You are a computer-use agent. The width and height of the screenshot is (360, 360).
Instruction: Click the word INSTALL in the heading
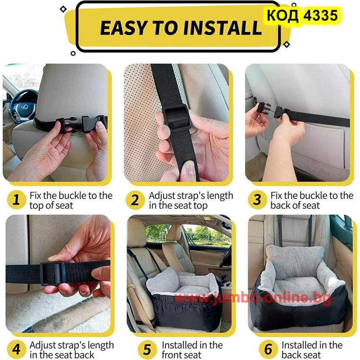point(222,28)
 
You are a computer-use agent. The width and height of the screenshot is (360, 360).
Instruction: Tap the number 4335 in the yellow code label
point(320,15)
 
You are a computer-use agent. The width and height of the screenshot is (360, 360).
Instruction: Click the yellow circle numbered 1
point(16,200)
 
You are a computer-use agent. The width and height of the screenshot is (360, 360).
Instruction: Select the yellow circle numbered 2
point(135,200)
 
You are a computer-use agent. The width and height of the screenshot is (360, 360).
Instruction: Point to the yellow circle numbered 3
point(257,200)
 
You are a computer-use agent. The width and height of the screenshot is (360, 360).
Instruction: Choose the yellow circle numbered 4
point(16,349)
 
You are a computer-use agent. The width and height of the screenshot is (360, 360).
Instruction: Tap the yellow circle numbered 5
point(148,349)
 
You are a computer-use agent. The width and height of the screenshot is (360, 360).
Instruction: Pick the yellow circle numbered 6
point(268,349)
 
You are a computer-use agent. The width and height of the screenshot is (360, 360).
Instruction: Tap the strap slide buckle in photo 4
point(53,274)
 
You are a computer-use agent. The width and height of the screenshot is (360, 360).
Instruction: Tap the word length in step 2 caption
point(216,196)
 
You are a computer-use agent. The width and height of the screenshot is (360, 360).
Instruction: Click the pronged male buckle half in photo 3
point(262,108)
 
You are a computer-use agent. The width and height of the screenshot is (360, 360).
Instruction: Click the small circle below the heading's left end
point(73,53)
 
